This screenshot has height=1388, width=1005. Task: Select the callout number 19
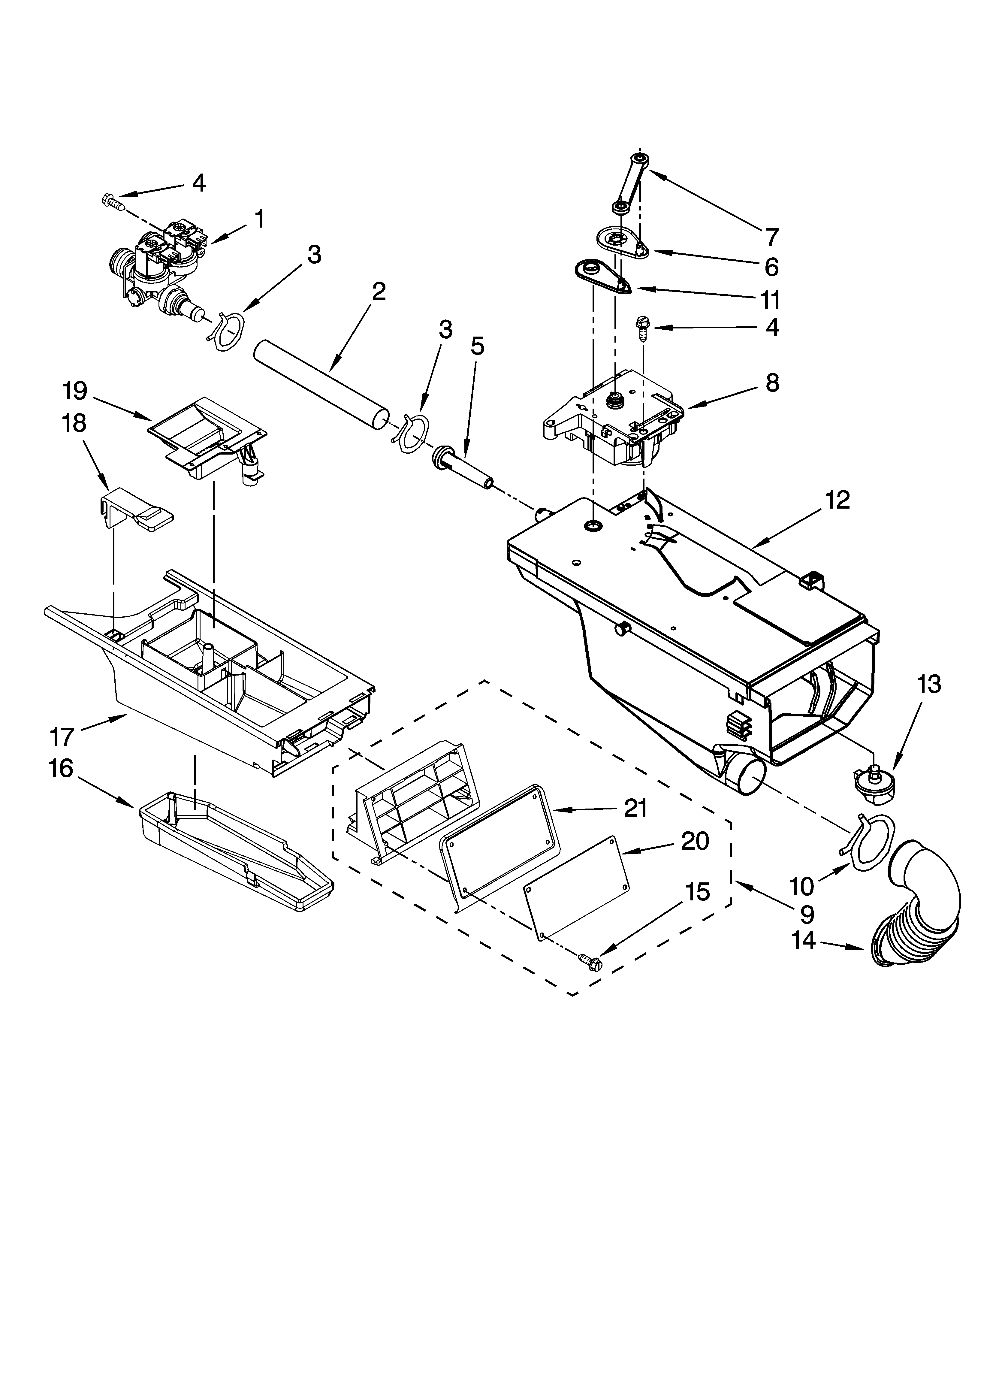pos(74,390)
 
